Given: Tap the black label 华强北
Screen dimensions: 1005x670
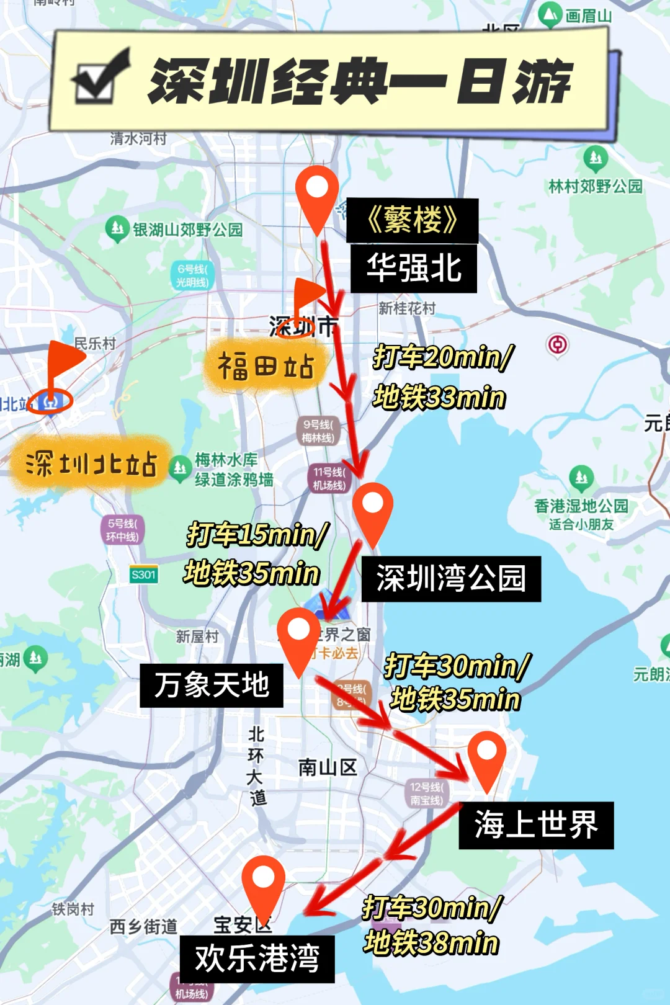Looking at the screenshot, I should click(414, 269).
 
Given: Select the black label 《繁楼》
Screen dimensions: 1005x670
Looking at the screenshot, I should click(412, 220).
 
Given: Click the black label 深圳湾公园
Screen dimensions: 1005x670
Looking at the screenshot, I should click(451, 579).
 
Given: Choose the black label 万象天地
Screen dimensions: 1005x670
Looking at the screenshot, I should click(212, 686).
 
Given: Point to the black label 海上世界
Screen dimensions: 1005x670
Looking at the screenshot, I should click(536, 825).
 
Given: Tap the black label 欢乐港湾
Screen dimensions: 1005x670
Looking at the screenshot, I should click(257, 959).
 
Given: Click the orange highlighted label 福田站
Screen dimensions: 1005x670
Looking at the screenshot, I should click(266, 367).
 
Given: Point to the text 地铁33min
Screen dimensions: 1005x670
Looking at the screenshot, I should click(439, 397).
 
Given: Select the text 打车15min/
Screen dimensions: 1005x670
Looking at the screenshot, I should click(257, 534).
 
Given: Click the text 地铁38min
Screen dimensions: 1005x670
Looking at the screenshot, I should click(431, 943).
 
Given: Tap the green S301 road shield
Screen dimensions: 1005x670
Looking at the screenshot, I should click(143, 574).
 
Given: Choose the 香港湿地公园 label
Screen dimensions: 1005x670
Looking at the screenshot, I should click(581, 506).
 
